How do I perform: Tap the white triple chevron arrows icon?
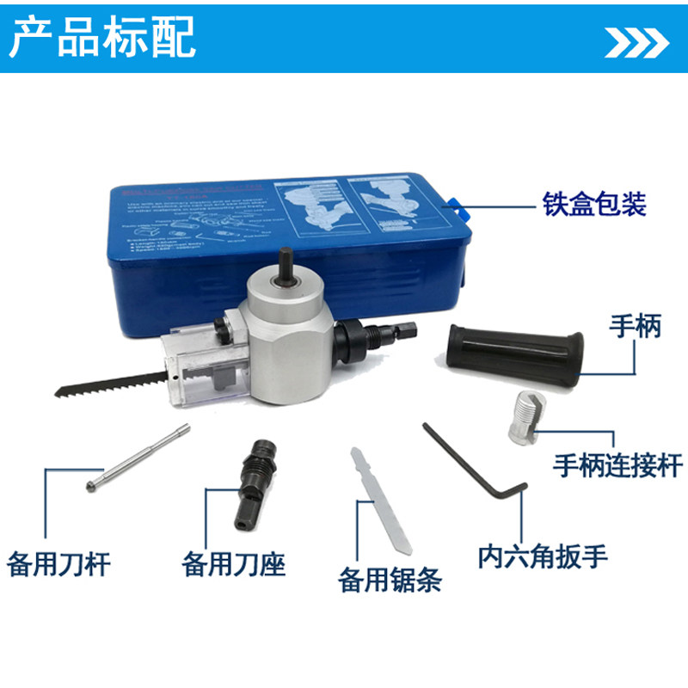click(637, 40)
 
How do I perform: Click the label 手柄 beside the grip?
click(635, 327)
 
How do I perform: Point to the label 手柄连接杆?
click(617, 465)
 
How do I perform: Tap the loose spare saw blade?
click(379, 503)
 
